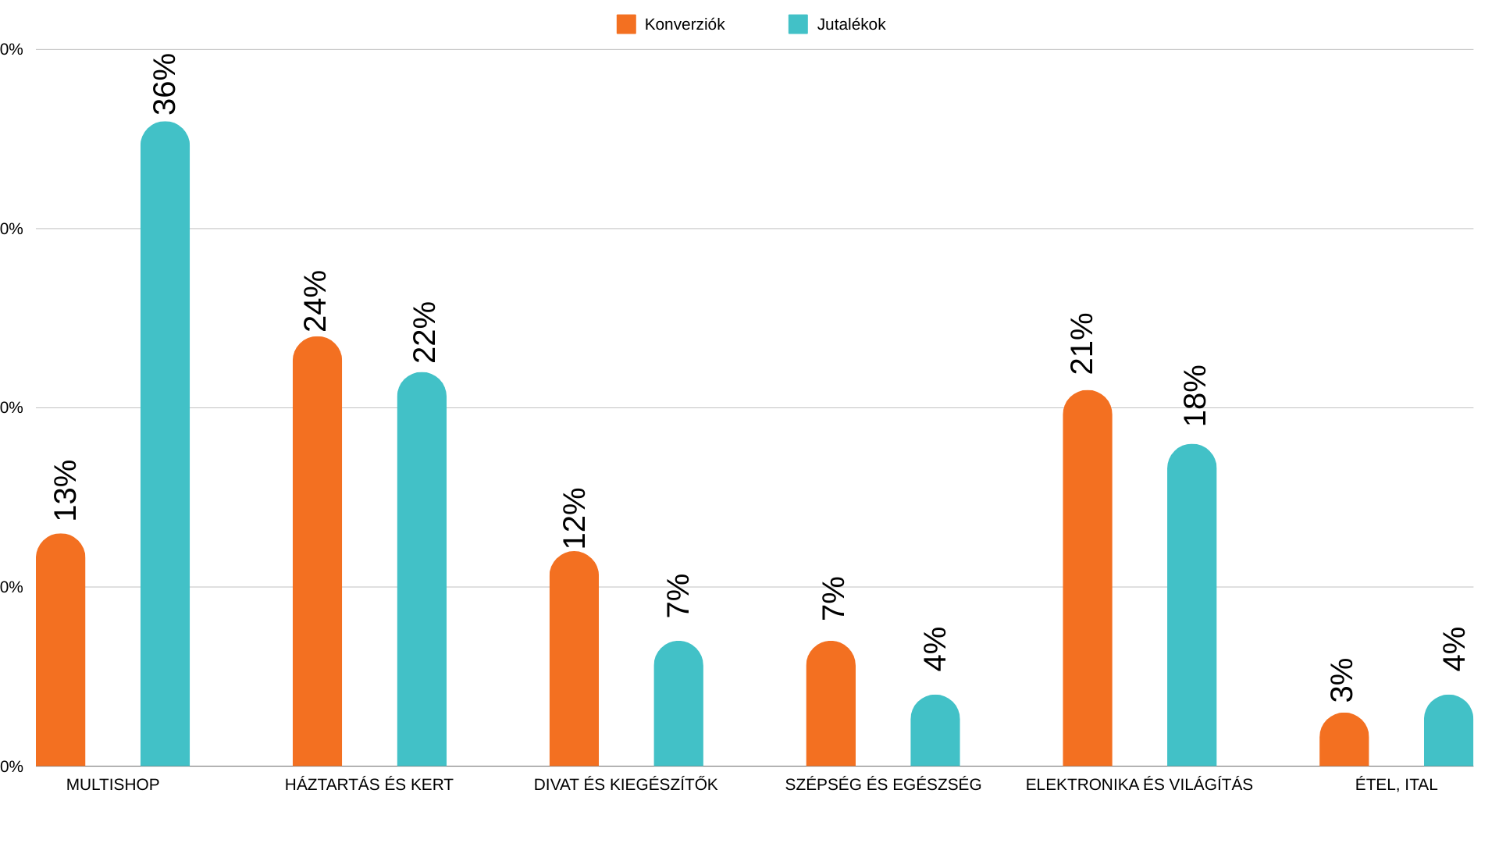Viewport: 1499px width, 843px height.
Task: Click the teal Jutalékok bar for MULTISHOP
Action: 165,445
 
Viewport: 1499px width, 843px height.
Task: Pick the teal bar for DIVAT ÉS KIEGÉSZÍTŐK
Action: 678,704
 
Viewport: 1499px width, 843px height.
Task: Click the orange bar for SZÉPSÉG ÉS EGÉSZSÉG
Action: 831,704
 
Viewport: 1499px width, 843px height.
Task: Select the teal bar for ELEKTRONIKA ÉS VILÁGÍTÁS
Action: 1191,606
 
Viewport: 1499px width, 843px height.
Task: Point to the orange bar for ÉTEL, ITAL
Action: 1344,740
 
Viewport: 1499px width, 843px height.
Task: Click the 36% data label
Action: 165,84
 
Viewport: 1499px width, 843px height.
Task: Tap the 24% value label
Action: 315,301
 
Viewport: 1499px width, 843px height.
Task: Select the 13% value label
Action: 66,490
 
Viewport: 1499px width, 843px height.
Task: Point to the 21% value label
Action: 1082,343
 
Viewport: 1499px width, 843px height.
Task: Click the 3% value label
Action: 1342,680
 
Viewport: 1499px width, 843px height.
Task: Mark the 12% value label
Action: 575,518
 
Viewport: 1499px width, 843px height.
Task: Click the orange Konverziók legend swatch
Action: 626,24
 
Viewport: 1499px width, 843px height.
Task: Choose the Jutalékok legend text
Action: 851,24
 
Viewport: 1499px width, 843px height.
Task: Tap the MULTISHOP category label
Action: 112,784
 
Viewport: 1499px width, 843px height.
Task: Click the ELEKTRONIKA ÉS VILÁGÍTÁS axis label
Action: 1139,784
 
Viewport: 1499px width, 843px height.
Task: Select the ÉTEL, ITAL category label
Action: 1396,784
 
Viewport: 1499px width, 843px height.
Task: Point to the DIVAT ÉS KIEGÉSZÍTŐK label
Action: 625,784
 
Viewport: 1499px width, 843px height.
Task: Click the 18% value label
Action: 1195,396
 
